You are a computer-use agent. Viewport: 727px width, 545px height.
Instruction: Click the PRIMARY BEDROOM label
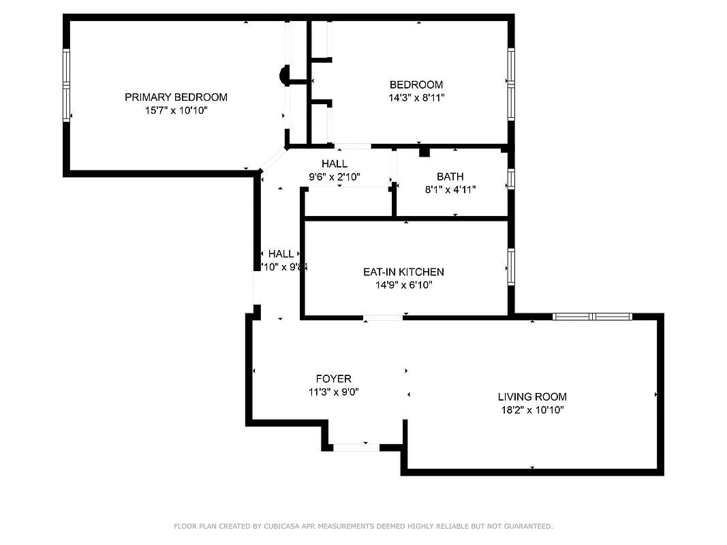point(176,97)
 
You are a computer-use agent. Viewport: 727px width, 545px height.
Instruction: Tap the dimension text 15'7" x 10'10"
point(176,110)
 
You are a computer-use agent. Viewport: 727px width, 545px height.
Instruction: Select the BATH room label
point(450,176)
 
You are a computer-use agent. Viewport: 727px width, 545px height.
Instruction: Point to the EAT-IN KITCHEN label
point(403,272)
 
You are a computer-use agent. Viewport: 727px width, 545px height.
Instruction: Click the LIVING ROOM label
point(532,396)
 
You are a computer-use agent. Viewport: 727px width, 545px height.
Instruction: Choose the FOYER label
point(333,379)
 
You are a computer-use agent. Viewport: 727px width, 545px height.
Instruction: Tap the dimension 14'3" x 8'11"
point(416,97)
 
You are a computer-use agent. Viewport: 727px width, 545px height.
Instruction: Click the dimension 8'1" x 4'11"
point(450,189)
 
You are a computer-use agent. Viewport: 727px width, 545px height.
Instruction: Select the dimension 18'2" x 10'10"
point(532,409)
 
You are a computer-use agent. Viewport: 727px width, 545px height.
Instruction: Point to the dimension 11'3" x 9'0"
point(333,392)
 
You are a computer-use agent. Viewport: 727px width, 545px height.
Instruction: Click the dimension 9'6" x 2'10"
point(335,176)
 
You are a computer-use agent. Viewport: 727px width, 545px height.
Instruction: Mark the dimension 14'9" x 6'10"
point(403,285)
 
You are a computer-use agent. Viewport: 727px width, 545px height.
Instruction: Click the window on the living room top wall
point(592,317)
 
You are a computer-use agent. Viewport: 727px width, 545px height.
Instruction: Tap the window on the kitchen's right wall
point(510,266)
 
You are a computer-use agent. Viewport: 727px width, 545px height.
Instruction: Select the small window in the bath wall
point(510,178)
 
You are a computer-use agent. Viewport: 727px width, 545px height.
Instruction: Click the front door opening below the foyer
point(356,447)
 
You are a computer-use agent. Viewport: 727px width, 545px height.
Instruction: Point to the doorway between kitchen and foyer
point(382,317)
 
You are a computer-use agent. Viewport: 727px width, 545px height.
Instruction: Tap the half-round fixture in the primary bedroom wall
point(285,75)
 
